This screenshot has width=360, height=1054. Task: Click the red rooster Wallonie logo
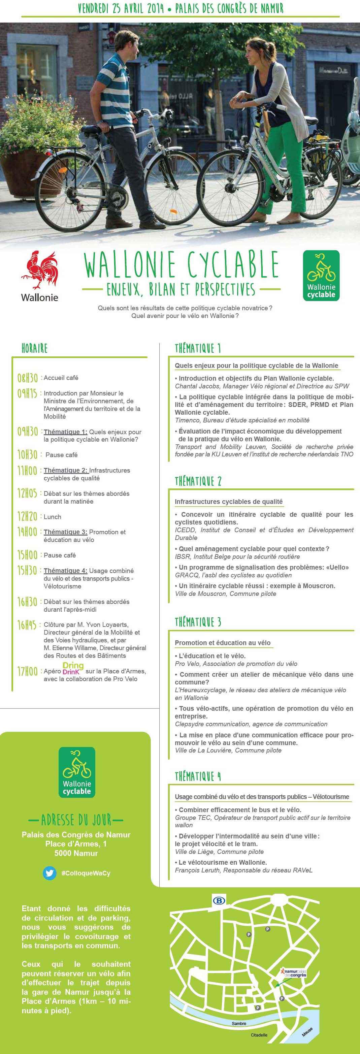point(39,271)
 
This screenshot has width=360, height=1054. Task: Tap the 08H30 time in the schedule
point(27,378)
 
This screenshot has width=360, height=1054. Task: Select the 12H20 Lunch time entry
point(27,516)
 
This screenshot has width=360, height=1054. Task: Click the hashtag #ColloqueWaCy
point(86,873)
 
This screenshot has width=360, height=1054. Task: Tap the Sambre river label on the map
point(239,1023)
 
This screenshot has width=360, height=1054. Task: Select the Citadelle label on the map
point(259,1035)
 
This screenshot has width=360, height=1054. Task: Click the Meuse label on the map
point(307,1031)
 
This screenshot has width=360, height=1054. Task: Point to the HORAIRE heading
point(34,349)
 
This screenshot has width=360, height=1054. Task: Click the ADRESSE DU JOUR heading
point(76,820)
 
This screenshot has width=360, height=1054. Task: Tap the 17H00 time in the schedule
point(27,671)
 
